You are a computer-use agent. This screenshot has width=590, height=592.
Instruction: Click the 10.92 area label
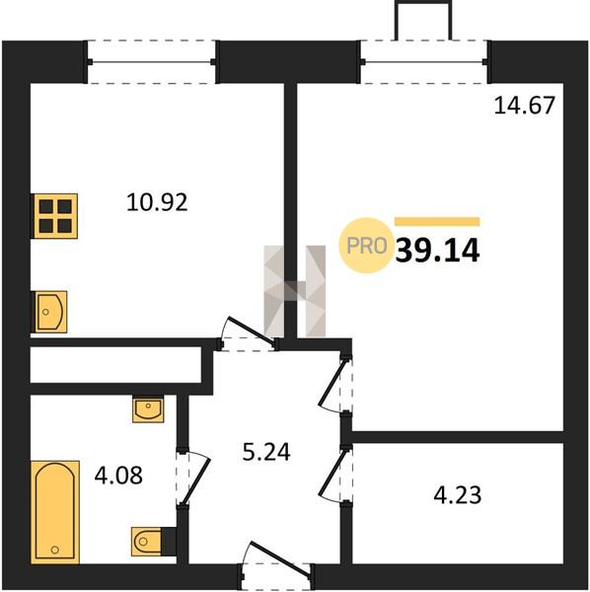157,202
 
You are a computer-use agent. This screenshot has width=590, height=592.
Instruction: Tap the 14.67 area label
524,105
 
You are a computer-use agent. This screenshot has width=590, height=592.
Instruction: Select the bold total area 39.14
437,251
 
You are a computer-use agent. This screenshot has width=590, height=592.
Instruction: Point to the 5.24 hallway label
266,452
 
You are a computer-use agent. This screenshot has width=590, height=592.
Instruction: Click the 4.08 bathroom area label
118,476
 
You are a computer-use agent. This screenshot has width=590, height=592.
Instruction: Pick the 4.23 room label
458,495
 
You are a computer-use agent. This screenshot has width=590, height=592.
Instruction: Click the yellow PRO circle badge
366,246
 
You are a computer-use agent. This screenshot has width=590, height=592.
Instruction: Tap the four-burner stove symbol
55,216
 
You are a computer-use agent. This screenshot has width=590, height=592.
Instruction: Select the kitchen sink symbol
50,312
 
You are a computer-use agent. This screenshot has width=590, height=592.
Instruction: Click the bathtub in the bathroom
55,512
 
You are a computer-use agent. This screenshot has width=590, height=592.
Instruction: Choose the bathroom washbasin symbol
148,408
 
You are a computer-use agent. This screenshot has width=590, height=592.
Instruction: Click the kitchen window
151,62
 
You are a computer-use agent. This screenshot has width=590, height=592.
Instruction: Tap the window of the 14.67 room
424,62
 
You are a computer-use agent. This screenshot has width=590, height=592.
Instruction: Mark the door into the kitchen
250,333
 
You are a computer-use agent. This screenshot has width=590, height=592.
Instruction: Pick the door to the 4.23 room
335,474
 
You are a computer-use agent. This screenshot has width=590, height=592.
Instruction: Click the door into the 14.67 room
335,385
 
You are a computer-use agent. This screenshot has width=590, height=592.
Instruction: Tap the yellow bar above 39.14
437,222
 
